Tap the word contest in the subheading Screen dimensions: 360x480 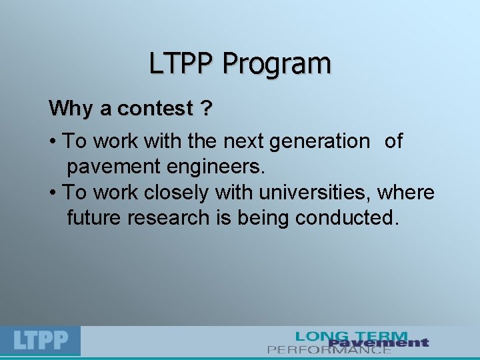[x=153, y=108]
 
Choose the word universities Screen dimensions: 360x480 [x=315, y=193]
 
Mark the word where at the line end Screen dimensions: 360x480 [x=407, y=193]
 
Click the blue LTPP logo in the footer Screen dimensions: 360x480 [x=41, y=341]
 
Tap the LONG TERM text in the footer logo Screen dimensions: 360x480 [x=351, y=336]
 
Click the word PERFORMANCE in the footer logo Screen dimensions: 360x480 [x=329, y=349]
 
